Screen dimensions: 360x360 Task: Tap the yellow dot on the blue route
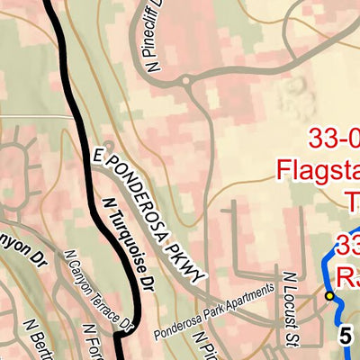(329, 295)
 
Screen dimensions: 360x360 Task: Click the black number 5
(345, 335)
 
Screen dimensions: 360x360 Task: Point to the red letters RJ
(347, 274)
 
